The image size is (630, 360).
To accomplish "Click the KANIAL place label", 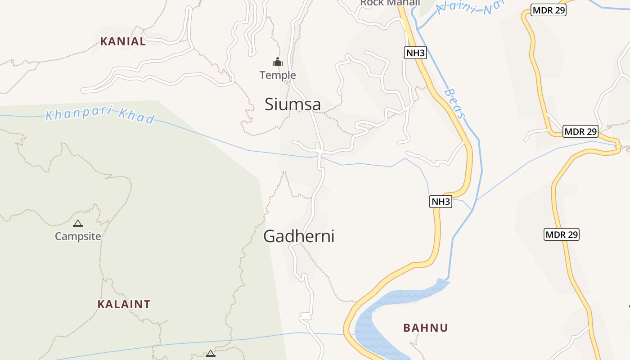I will (x=123, y=41).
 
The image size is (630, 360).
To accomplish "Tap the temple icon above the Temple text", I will (x=278, y=62).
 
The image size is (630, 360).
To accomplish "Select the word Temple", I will (x=278, y=75).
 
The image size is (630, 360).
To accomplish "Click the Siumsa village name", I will (x=292, y=104).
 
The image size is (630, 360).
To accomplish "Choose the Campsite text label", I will (x=78, y=236).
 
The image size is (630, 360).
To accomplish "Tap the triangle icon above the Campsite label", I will (x=78, y=223).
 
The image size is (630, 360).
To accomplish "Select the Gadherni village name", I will (x=298, y=236).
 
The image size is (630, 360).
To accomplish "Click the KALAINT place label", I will (x=124, y=304).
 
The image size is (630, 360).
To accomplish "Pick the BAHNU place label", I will (x=425, y=328).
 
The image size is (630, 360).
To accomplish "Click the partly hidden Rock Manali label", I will (x=390, y=3).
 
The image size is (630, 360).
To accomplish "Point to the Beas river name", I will (x=454, y=103).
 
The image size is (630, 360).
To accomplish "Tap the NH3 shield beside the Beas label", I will (x=415, y=53).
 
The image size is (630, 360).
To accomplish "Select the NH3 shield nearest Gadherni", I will (x=441, y=201).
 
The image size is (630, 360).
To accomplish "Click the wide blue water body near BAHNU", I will (x=382, y=315).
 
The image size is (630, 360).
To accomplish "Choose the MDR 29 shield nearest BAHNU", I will (x=561, y=234).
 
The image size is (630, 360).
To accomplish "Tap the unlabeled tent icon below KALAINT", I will (x=210, y=354).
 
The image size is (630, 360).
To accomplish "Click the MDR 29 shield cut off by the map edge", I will (x=548, y=10).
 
